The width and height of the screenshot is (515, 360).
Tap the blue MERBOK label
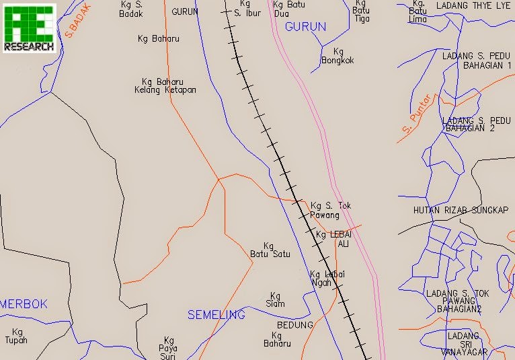point(24,304)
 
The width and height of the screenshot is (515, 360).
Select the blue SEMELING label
point(216,314)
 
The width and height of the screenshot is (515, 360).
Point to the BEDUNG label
point(295,325)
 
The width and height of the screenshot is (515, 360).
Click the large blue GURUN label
point(305,27)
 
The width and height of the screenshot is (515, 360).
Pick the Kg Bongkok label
point(338,56)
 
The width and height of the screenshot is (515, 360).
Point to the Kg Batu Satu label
point(270,250)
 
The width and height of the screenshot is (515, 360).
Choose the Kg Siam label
point(275,299)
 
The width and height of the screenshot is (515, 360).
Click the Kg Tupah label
point(17,336)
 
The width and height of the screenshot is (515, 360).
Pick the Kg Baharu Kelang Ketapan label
point(165,85)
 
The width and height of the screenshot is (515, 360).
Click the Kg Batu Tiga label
point(361,11)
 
